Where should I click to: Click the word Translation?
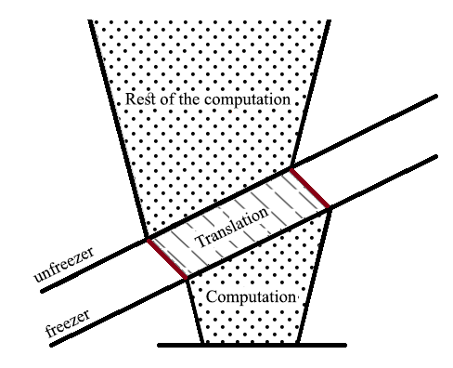pyautogui.click(x=237, y=224)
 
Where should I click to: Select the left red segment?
pyautogui.click(x=167, y=259)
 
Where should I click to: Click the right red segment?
pyautogui.click(x=312, y=190)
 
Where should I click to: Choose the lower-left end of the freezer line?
pyautogui.click(x=51, y=345)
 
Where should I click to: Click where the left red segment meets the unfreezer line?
pyautogui.click(x=147, y=240)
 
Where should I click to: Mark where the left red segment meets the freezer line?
pyautogui.click(x=188, y=278)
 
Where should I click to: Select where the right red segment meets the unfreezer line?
pyautogui.click(x=292, y=169)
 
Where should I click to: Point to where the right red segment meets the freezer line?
pyautogui.click(x=331, y=209)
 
